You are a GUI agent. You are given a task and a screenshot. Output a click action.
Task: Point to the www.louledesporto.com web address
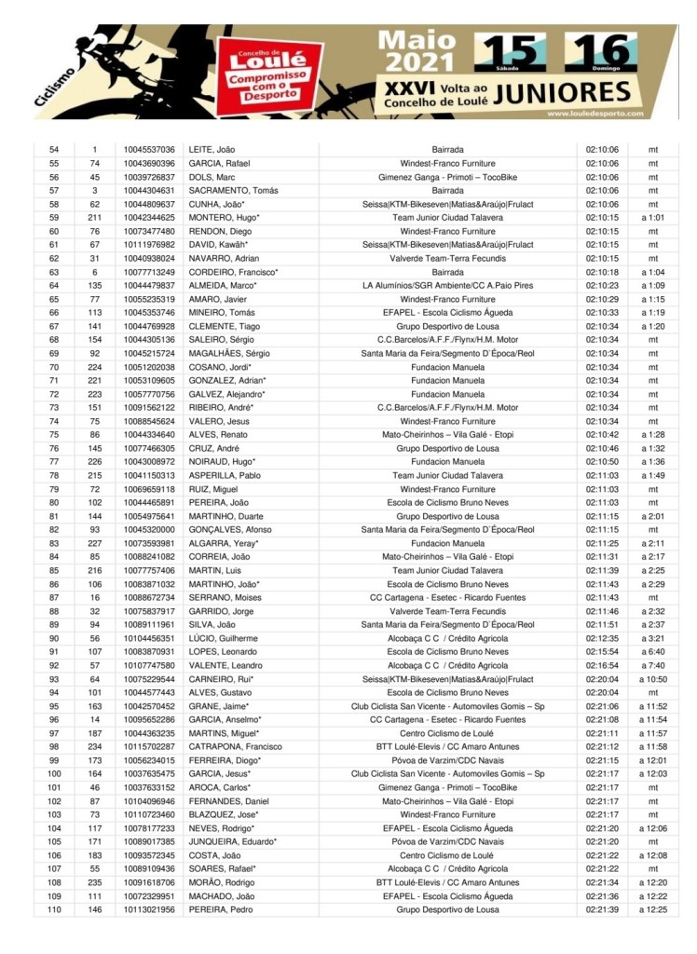tap(586, 114)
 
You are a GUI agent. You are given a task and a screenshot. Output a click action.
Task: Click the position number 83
tap(54, 543)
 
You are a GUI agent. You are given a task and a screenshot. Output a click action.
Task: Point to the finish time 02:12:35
tap(603, 638)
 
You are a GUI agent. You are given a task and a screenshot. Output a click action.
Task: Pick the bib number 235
tap(95, 882)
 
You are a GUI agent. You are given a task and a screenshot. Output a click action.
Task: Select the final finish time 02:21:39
tap(603, 909)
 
